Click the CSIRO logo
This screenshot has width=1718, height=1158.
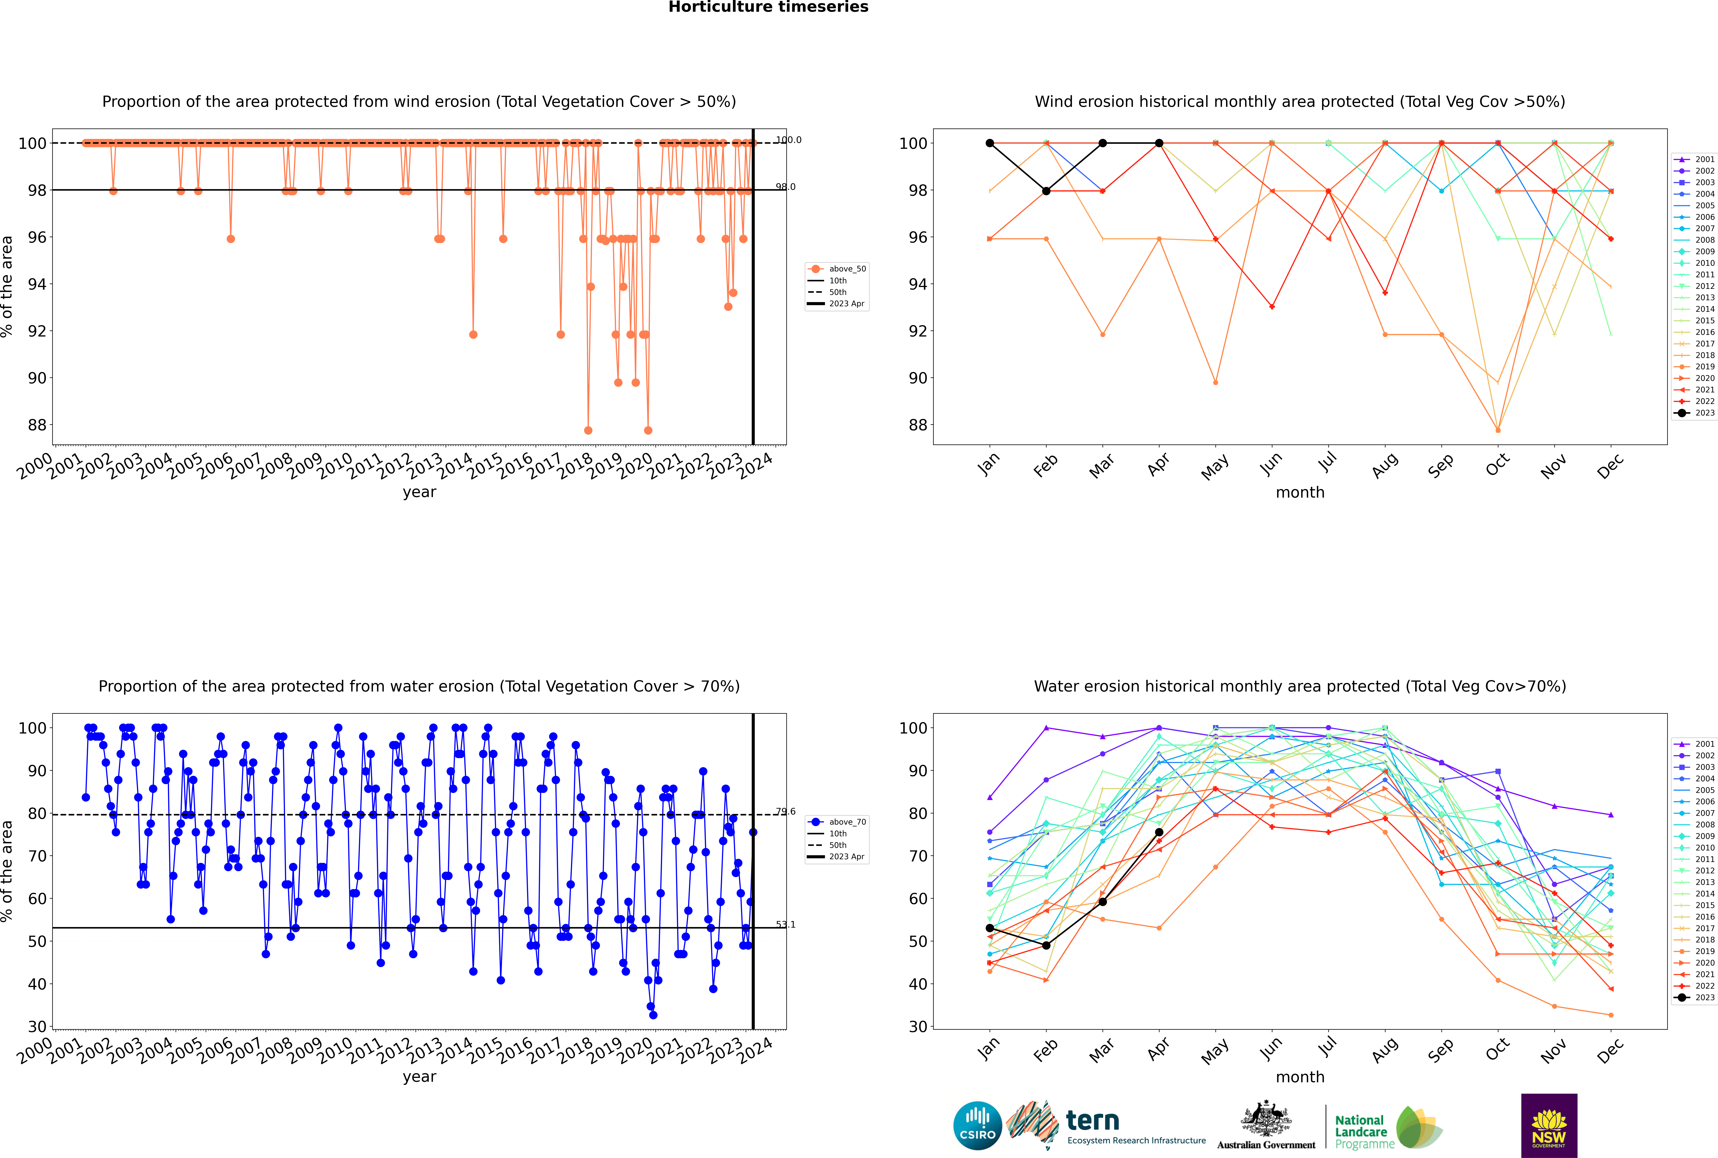(x=977, y=1126)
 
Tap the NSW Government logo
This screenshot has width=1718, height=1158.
(x=1549, y=1125)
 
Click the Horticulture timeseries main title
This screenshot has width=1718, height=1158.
(x=768, y=7)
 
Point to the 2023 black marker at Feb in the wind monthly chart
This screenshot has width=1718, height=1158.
(x=1046, y=191)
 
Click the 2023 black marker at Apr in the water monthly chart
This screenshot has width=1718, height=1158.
(x=1159, y=832)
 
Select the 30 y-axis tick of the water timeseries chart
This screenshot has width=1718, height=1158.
(x=37, y=1027)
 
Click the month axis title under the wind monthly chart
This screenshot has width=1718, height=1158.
(x=1300, y=493)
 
